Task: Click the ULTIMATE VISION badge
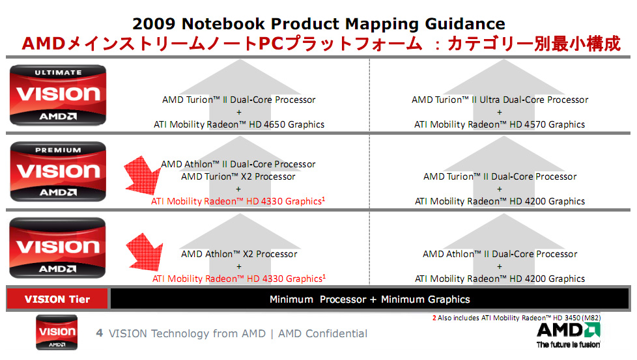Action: pyautogui.click(x=58, y=95)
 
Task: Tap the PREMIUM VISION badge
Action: pyautogui.click(x=58, y=171)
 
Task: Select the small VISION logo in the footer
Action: pyautogui.click(x=57, y=333)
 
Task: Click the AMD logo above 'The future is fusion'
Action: pyautogui.click(x=569, y=330)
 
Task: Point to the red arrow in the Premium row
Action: pyautogui.click(x=142, y=175)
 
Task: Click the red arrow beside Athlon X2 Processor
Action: pyautogui.click(x=145, y=252)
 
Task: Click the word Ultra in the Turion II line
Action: pyautogui.click(x=490, y=100)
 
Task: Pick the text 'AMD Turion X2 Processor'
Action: pyautogui.click(x=238, y=176)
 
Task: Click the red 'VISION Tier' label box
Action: pyautogui.click(x=57, y=299)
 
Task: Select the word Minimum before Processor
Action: pyautogui.click(x=291, y=299)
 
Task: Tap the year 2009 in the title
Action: pyautogui.click(x=154, y=24)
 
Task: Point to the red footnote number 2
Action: pyautogui.click(x=434, y=318)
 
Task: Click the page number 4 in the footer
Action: pyautogui.click(x=100, y=333)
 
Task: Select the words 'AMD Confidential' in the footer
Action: pyautogui.click(x=322, y=333)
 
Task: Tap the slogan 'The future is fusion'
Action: pyautogui.click(x=569, y=344)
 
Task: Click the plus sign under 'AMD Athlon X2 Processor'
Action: pyautogui.click(x=239, y=267)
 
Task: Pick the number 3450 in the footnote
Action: pyautogui.click(x=573, y=318)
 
